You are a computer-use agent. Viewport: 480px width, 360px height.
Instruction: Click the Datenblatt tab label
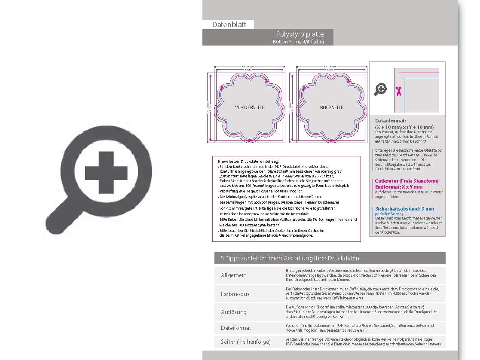[229, 25]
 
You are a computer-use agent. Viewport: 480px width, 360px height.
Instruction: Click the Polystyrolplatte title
[300, 34]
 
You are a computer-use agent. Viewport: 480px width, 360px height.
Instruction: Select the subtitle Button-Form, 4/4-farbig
[298, 42]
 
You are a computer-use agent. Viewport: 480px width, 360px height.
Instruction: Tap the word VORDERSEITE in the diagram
[250, 107]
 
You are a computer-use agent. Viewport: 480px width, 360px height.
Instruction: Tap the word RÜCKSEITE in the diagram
[331, 107]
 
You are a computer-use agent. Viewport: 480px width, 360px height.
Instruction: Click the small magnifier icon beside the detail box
[380, 89]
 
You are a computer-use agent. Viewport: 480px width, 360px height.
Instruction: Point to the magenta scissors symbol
[398, 91]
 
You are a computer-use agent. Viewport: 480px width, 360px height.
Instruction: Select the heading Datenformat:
[390, 121]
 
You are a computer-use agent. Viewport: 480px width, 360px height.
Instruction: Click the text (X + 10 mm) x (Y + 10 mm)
[404, 127]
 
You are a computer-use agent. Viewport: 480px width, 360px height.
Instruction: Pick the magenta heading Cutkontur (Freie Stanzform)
[407, 181]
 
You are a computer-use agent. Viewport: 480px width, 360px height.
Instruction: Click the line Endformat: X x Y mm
[399, 187]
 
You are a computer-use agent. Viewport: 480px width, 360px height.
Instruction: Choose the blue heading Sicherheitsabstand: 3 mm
[404, 209]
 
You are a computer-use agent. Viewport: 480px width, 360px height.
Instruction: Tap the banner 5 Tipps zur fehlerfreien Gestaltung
[290, 258]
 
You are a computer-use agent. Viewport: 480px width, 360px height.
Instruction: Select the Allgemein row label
[234, 275]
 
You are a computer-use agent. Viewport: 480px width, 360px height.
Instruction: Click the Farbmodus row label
[235, 294]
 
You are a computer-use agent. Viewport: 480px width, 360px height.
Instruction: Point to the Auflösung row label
[234, 312]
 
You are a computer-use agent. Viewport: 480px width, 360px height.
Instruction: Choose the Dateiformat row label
[236, 328]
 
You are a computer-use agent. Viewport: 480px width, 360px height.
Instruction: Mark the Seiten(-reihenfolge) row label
[245, 342]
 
